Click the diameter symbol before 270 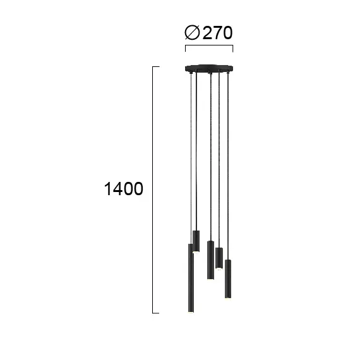[192, 32]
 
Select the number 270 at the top [219, 32]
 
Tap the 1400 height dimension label [123, 189]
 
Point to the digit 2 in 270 [208, 32]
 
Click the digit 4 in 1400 [116, 189]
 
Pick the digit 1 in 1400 [107, 189]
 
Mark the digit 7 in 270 [219, 32]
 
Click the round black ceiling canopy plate [208, 69]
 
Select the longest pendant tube [190, 278]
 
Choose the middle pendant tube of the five [210, 260]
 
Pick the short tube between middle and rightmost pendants [219, 258]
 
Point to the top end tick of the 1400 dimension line [156, 66]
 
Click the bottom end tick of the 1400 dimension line [156, 313]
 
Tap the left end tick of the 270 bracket [184, 49]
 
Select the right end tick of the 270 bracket [233, 49]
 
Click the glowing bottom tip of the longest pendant [190, 311]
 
